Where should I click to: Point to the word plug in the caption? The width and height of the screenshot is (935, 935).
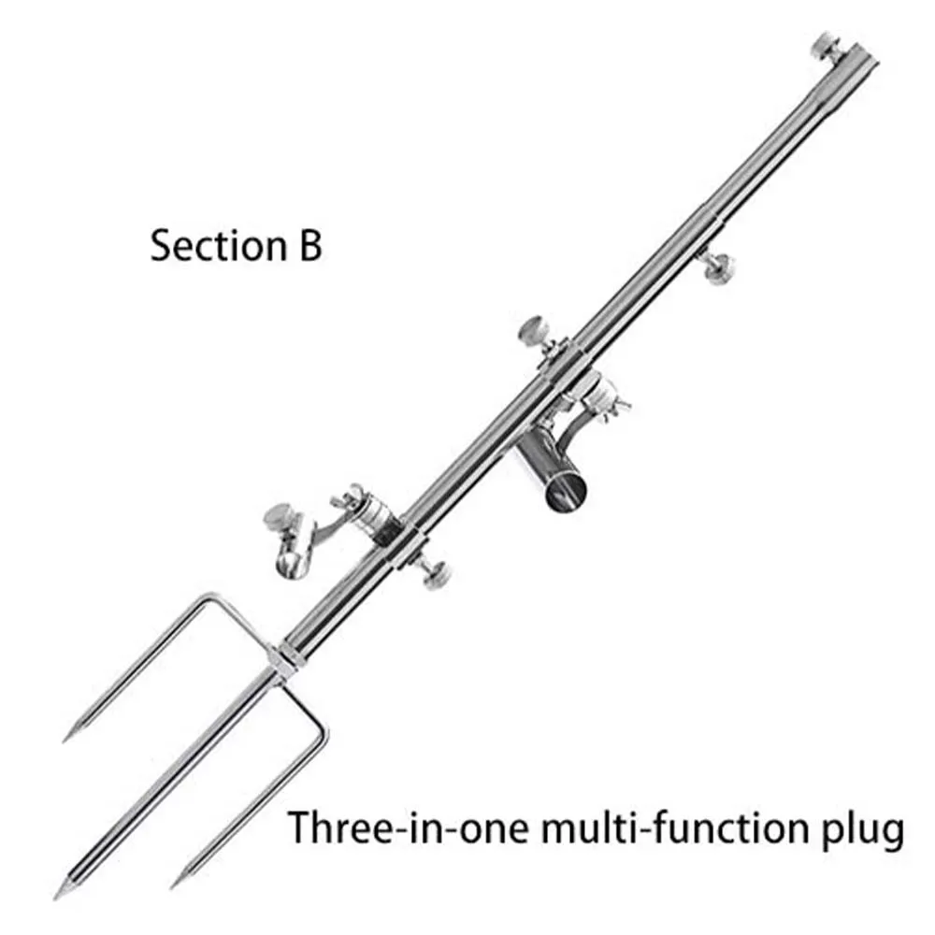click(x=865, y=829)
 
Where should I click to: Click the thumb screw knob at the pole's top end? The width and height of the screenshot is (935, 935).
click(x=825, y=43)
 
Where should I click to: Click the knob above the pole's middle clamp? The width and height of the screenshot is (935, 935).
click(x=534, y=330)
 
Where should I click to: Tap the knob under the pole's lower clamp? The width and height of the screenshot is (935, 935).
click(x=434, y=575)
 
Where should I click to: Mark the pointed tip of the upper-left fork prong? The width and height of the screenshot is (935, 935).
click(x=67, y=738)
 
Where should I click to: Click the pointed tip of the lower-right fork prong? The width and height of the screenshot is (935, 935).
click(x=174, y=884)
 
